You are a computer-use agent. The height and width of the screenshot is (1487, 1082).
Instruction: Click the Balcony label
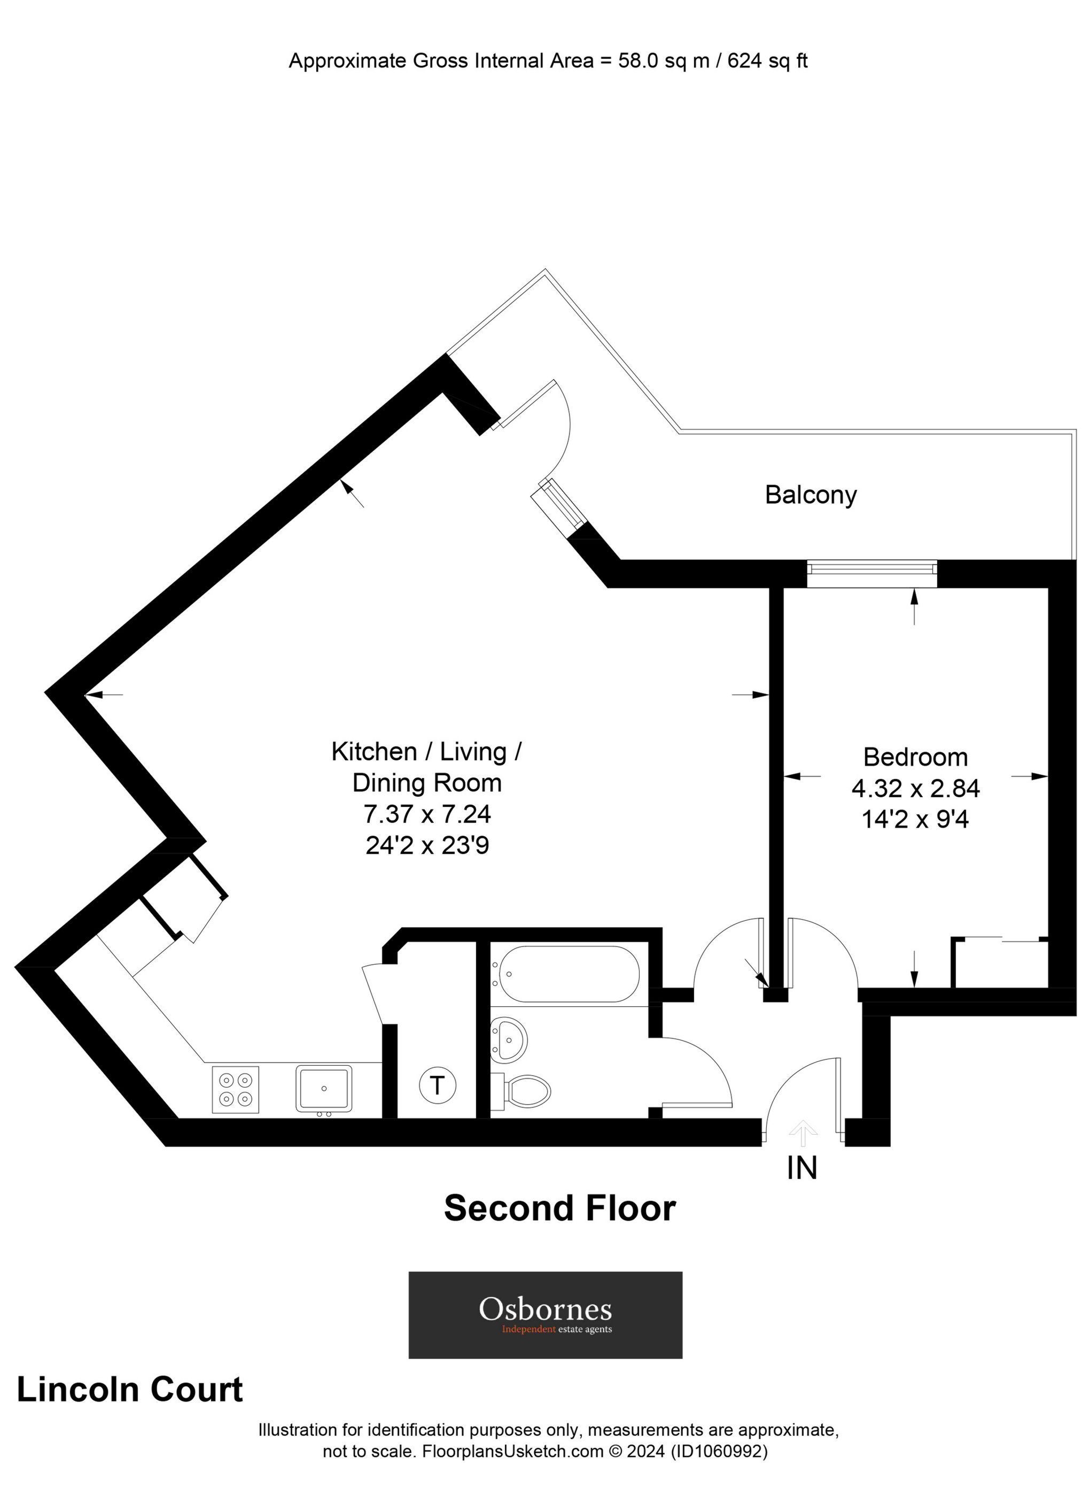pyautogui.click(x=810, y=495)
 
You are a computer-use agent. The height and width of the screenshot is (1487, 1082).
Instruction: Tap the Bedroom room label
pyautogui.click(x=915, y=757)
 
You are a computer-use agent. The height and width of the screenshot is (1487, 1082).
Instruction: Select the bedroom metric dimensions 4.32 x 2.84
pyautogui.click(x=915, y=788)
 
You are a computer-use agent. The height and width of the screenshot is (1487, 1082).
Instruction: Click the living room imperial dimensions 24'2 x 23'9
pyautogui.click(x=427, y=846)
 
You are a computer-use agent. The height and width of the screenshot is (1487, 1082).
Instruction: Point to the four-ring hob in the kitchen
pyautogui.click(x=235, y=1089)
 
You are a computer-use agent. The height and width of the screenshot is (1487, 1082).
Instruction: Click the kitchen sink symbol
pyautogui.click(x=324, y=1088)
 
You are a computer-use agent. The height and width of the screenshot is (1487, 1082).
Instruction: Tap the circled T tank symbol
pyautogui.click(x=437, y=1086)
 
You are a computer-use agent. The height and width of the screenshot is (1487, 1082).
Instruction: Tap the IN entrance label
pyautogui.click(x=802, y=1168)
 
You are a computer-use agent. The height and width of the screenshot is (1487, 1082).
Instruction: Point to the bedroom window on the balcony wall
pyautogui.click(x=871, y=574)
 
